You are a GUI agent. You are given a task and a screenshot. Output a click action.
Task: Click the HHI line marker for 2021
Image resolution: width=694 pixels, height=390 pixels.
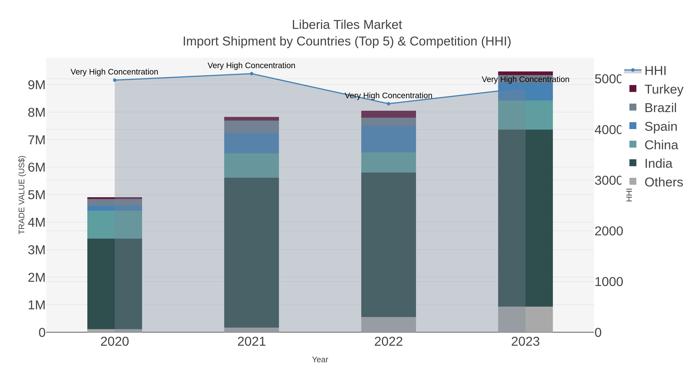tap(251, 74)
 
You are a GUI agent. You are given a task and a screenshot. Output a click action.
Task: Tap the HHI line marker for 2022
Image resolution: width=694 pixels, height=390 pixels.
tap(388, 104)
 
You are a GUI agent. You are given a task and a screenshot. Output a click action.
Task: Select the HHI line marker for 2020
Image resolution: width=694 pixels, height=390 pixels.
tap(115, 80)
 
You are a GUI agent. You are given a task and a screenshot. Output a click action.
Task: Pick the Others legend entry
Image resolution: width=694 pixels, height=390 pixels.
tap(664, 182)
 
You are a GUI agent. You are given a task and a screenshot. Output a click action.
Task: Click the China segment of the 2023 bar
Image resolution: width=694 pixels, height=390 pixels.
tap(525, 115)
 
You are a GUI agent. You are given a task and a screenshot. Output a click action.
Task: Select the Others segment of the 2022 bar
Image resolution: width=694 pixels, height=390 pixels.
tap(388, 324)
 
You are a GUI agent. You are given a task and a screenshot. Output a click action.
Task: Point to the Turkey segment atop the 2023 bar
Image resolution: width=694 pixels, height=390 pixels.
tap(525, 73)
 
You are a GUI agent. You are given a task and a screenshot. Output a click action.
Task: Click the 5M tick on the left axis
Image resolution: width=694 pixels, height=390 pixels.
tap(37, 195)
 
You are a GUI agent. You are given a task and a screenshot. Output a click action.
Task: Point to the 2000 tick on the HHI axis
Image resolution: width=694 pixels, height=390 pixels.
tap(608, 231)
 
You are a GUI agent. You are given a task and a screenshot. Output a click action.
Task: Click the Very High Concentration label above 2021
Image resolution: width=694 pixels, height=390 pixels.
tap(251, 65)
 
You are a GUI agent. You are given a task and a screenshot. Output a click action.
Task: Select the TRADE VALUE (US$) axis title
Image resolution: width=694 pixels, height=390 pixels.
tap(22, 195)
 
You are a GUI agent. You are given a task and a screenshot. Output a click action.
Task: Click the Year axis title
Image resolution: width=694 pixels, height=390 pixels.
tap(320, 360)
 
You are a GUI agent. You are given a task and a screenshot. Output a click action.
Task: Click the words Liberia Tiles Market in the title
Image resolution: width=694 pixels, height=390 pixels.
tap(347, 25)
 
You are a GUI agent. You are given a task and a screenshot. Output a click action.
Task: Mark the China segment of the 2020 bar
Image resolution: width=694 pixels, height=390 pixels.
tap(115, 225)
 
